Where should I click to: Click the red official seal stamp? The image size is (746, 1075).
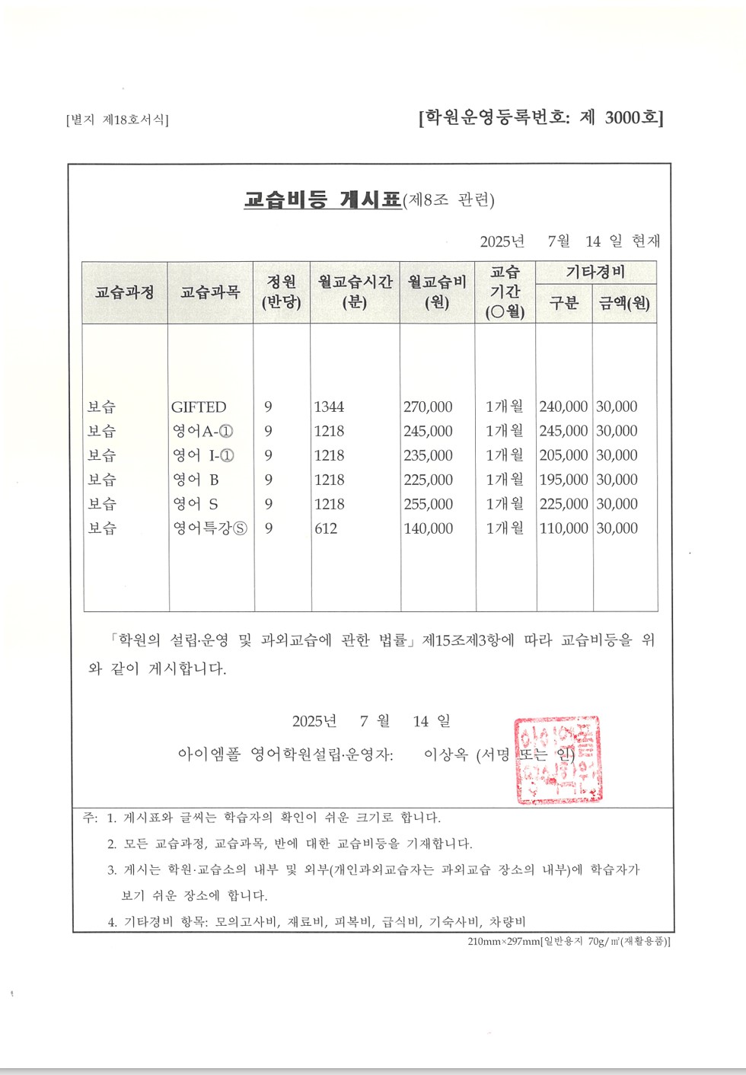[558, 760]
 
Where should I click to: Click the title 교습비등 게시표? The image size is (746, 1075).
[323, 199]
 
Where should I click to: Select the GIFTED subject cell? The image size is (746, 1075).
[199, 407]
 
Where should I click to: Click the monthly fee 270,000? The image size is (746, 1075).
[428, 407]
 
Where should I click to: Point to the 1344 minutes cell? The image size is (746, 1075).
[329, 407]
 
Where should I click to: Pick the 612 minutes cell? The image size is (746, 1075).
[326, 528]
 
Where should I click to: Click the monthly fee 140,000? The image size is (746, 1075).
[428, 528]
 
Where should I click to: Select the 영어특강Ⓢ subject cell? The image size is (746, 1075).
[209, 528]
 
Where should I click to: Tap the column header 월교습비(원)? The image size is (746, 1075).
[437, 292]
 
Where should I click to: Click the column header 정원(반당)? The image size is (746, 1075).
[282, 292]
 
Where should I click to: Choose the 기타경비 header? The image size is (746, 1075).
[595, 272]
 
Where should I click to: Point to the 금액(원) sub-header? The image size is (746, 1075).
[624, 303]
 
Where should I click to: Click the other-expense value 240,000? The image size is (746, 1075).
[563, 407]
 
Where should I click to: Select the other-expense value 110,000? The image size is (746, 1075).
[563, 528]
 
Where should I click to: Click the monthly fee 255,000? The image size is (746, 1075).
[428, 504]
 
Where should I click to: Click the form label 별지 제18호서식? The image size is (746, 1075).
[117, 120]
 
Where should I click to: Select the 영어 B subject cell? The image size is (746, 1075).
[196, 480]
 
